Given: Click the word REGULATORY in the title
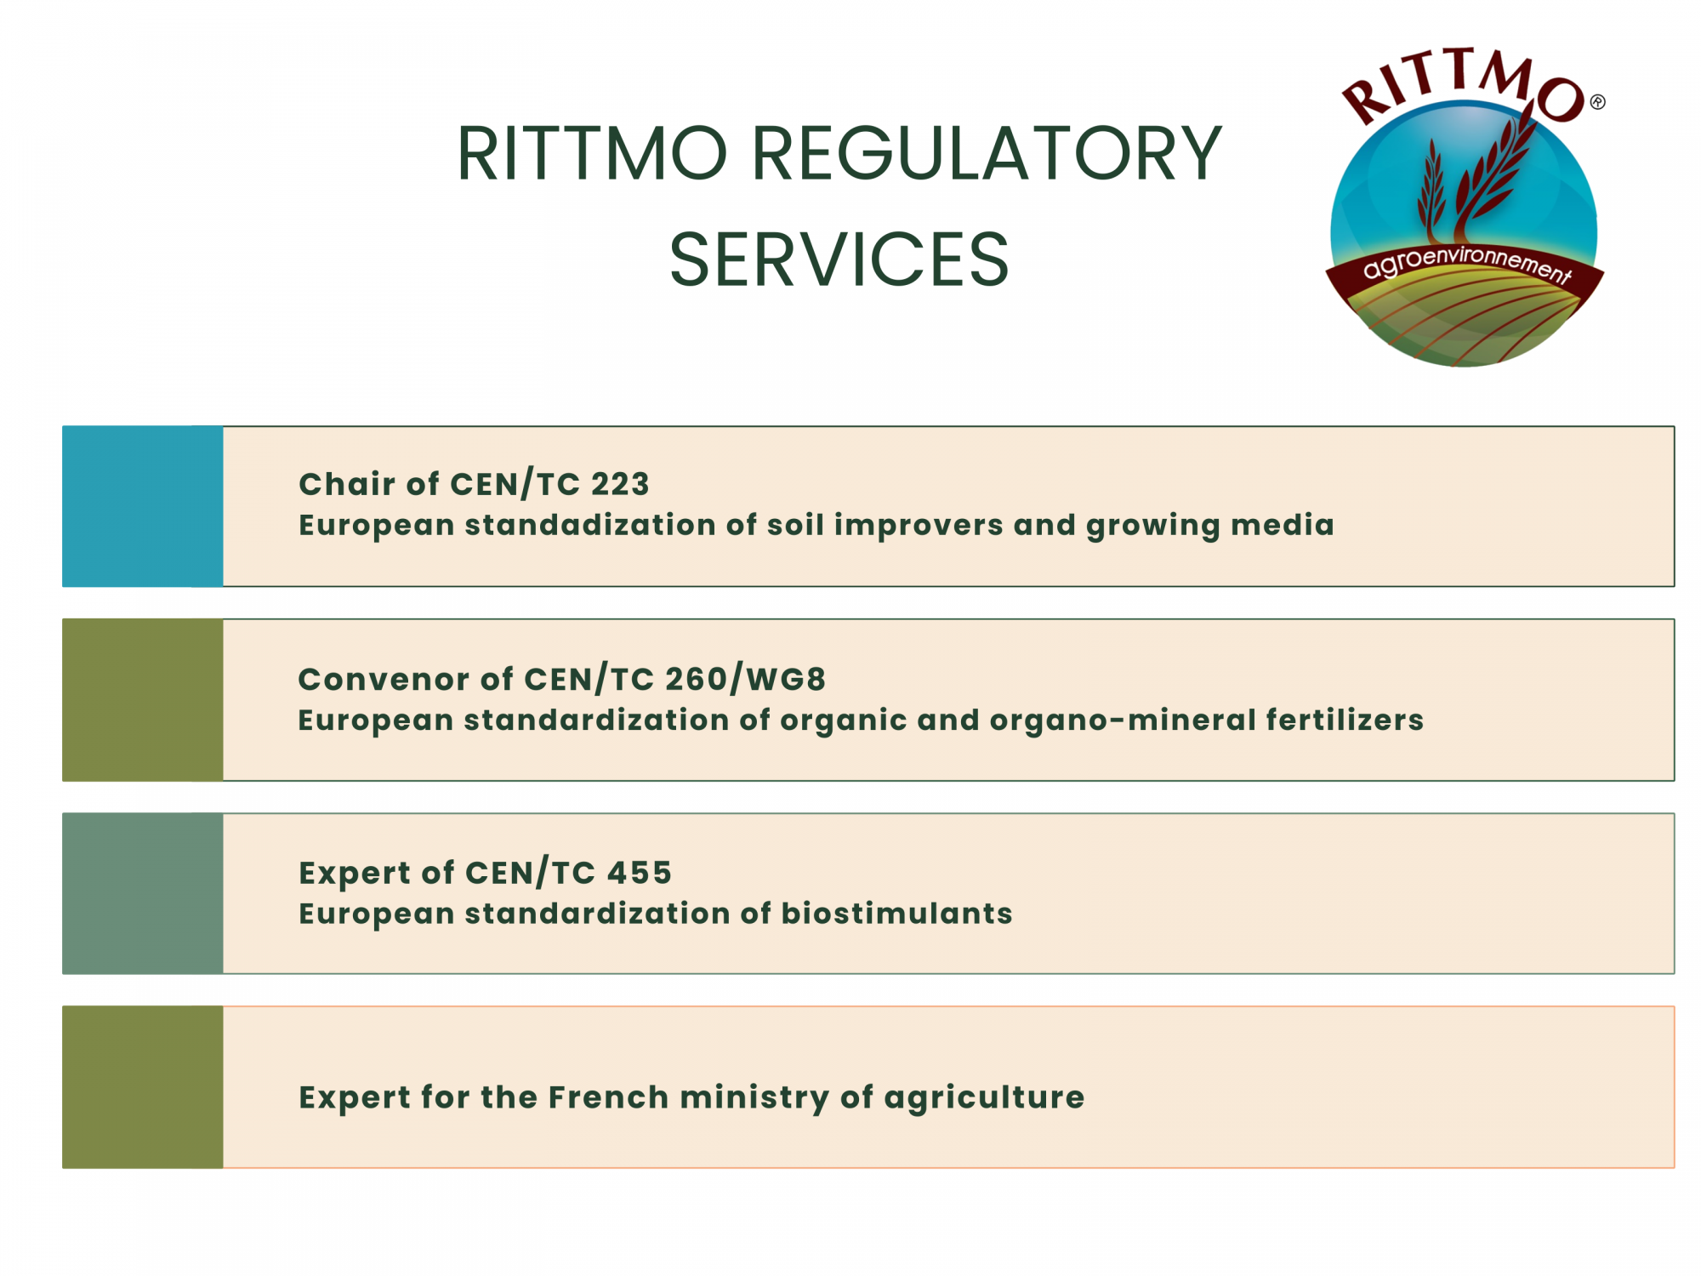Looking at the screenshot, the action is click(987, 154).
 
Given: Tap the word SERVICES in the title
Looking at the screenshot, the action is click(839, 259).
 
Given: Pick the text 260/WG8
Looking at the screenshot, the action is click(745, 679).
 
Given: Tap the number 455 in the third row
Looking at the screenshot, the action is click(640, 873).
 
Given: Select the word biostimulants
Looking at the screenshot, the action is click(897, 914).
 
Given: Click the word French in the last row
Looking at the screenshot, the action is click(609, 1097).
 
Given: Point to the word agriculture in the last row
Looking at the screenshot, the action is click(985, 1098).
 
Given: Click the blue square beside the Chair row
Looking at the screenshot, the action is click(143, 506).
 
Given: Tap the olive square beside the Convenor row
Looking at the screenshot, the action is click(143, 700).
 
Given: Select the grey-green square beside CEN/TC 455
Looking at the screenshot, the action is click(143, 893).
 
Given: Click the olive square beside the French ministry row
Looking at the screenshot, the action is click(143, 1087).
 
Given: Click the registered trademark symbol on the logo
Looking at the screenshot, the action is click(1598, 102).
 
